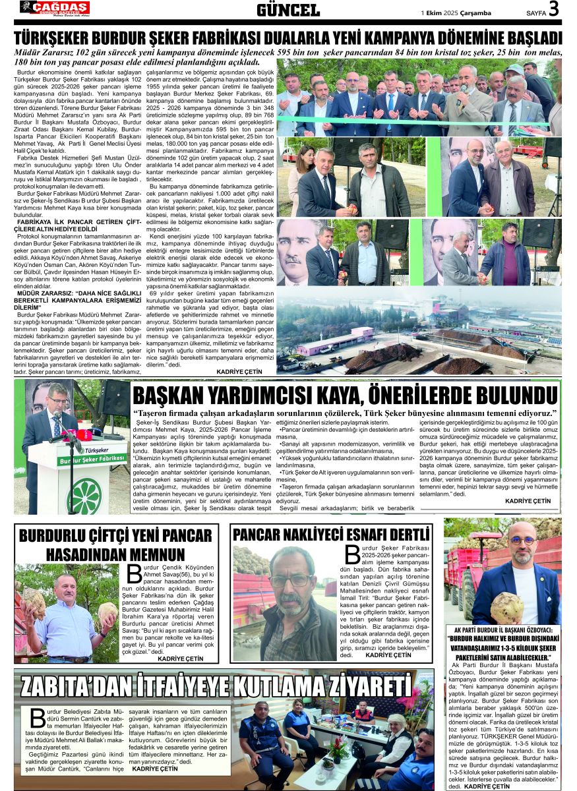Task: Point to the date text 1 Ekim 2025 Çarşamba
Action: (455, 12)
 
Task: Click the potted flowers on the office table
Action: (339, 746)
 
